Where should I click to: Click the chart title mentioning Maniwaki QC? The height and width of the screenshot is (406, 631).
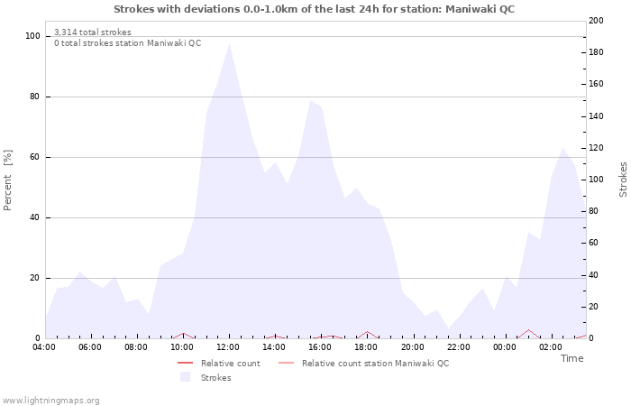315,8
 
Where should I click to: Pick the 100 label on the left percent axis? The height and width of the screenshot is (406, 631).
32,36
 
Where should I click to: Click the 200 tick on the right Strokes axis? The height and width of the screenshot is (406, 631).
596,21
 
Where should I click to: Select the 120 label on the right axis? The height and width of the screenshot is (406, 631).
596,148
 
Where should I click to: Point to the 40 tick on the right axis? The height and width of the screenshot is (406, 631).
593,275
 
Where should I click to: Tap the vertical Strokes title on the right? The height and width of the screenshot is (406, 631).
623,179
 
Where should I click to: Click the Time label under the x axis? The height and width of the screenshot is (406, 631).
572,358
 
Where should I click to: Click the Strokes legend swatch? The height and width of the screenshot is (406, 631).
185,377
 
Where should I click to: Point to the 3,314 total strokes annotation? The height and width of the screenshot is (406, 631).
92,32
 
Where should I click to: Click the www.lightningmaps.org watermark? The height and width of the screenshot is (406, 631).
50,400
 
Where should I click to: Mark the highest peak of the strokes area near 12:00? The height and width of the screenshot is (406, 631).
229,43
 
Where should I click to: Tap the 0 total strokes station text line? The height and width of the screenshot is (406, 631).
127,43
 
